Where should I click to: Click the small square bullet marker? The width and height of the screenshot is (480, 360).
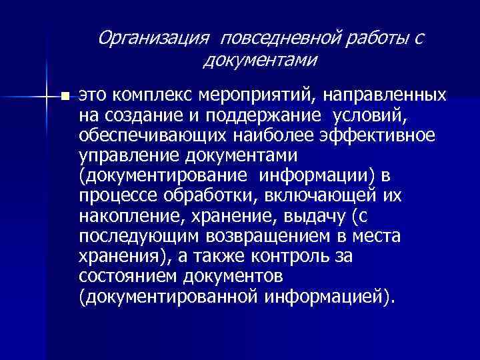[x=64, y=97]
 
